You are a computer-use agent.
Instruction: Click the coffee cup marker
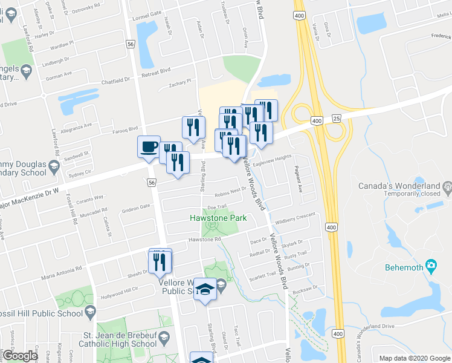[149, 147]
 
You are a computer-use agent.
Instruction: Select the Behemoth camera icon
[430, 265]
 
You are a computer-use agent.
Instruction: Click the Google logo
[20, 356]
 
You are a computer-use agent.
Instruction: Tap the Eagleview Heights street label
[272, 159]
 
